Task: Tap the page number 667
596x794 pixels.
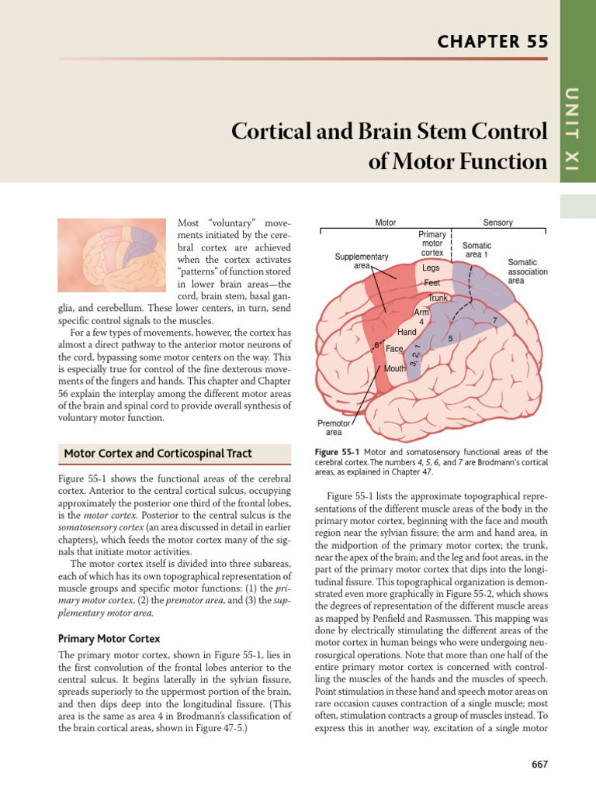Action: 539,764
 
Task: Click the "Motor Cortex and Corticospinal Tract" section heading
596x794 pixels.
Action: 158,453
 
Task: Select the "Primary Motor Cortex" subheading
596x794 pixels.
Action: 109,639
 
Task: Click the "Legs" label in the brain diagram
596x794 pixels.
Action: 431,268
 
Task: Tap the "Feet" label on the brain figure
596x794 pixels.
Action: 431,283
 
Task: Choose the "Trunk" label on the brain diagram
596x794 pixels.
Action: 438,298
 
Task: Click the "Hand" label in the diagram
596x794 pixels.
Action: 407,332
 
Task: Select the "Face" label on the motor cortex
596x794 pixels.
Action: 394,349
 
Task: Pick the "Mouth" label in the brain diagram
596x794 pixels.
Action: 395,368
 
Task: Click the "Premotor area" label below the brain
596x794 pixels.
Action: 334,428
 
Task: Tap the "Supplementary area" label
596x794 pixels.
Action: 362,261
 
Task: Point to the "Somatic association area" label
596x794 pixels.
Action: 528,271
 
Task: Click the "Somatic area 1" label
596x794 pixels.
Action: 476,250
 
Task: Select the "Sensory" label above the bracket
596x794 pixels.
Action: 497,223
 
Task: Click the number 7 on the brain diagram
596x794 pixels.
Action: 495,320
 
